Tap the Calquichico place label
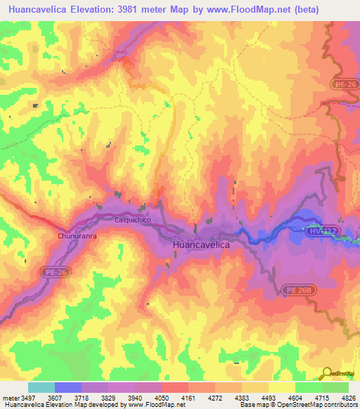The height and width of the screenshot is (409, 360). coord(134,219)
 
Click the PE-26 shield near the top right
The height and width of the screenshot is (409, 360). coord(344,84)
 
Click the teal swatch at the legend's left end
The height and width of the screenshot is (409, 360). coord(41,387)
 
